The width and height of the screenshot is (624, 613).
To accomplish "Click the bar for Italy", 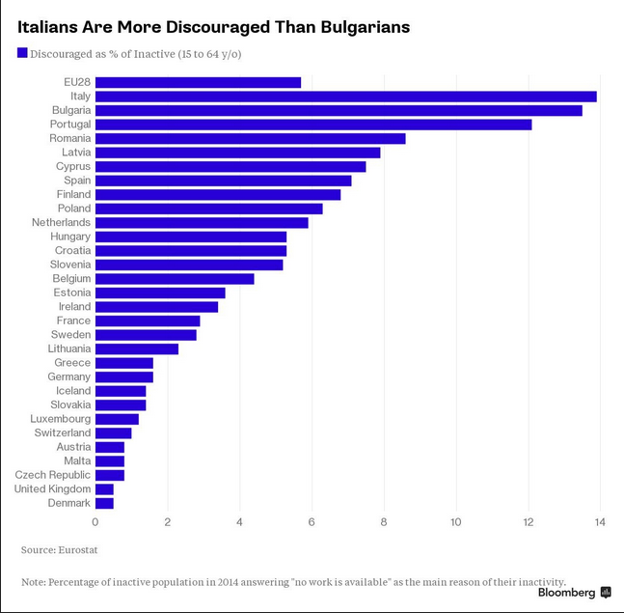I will (x=345, y=97).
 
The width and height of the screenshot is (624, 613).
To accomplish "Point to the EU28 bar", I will (x=198, y=82).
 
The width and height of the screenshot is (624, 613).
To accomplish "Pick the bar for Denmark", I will (x=104, y=503).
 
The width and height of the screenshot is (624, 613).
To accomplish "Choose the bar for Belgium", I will (x=175, y=279).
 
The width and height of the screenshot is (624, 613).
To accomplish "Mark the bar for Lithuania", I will (x=136, y=348).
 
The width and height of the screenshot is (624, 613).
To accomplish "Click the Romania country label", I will (x=70, y=138).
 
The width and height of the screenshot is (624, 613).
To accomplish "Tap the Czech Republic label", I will (x=53, y=475).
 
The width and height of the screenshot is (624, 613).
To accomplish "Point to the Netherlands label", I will (x=61, y=222).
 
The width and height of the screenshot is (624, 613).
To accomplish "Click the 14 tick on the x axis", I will (x=600, y=522).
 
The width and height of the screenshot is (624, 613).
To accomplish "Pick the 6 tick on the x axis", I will (x=312, y=522).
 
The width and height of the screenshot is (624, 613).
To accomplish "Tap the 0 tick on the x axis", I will (x=95, y=522).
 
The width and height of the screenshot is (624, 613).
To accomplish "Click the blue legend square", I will (x=22, y=53).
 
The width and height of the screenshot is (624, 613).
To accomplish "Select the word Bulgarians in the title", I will (x=357, y=27).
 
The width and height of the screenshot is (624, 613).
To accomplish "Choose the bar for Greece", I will (x=123, y=363).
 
